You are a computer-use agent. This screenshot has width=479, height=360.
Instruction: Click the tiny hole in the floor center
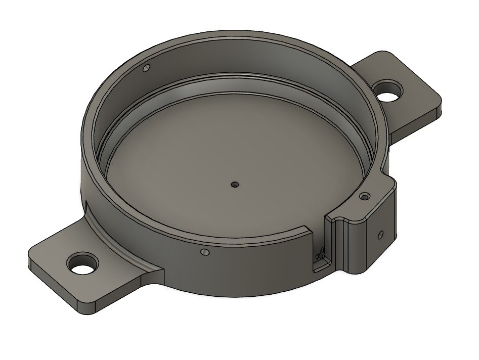[x=234, y=185]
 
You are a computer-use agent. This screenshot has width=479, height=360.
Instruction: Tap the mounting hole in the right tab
[x=389, y=91]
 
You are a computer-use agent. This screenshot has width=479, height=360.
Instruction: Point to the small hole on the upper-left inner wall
[x=147, y=68]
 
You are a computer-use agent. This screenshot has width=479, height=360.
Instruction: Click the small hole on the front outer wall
[x=204, y=251]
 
